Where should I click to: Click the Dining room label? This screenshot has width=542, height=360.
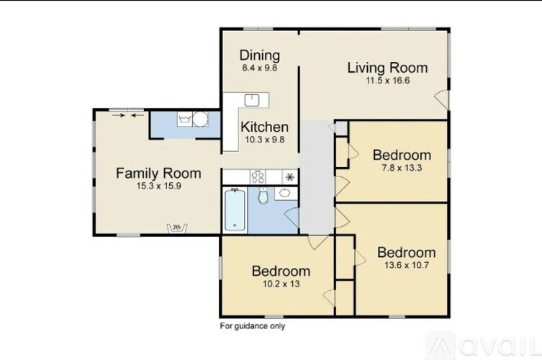(x=259, y=55)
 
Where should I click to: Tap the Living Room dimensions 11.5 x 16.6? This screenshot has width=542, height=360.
(x=387, y=81)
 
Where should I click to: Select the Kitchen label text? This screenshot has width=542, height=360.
(x=264, y=127)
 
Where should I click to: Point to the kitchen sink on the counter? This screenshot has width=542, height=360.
(x=252, y=100)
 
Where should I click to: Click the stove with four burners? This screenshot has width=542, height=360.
(x=258, y=176)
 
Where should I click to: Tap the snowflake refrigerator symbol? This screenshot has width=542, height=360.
(x=289, y=176)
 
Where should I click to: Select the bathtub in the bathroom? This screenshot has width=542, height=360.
(x=233, y=210)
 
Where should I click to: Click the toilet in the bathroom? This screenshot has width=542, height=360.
(x=263, y=195)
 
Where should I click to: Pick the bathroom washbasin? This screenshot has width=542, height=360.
(x=285, y=193)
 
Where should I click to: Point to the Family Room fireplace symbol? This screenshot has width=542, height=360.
(x=176, y=228)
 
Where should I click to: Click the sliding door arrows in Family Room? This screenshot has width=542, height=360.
(x=127, y=114)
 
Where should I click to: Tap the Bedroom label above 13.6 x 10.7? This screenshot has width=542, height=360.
(x=406, y=253)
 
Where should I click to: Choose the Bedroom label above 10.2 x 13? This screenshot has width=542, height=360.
(x=281, y=271)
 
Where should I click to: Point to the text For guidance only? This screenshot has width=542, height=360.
(x=252, y=326)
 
